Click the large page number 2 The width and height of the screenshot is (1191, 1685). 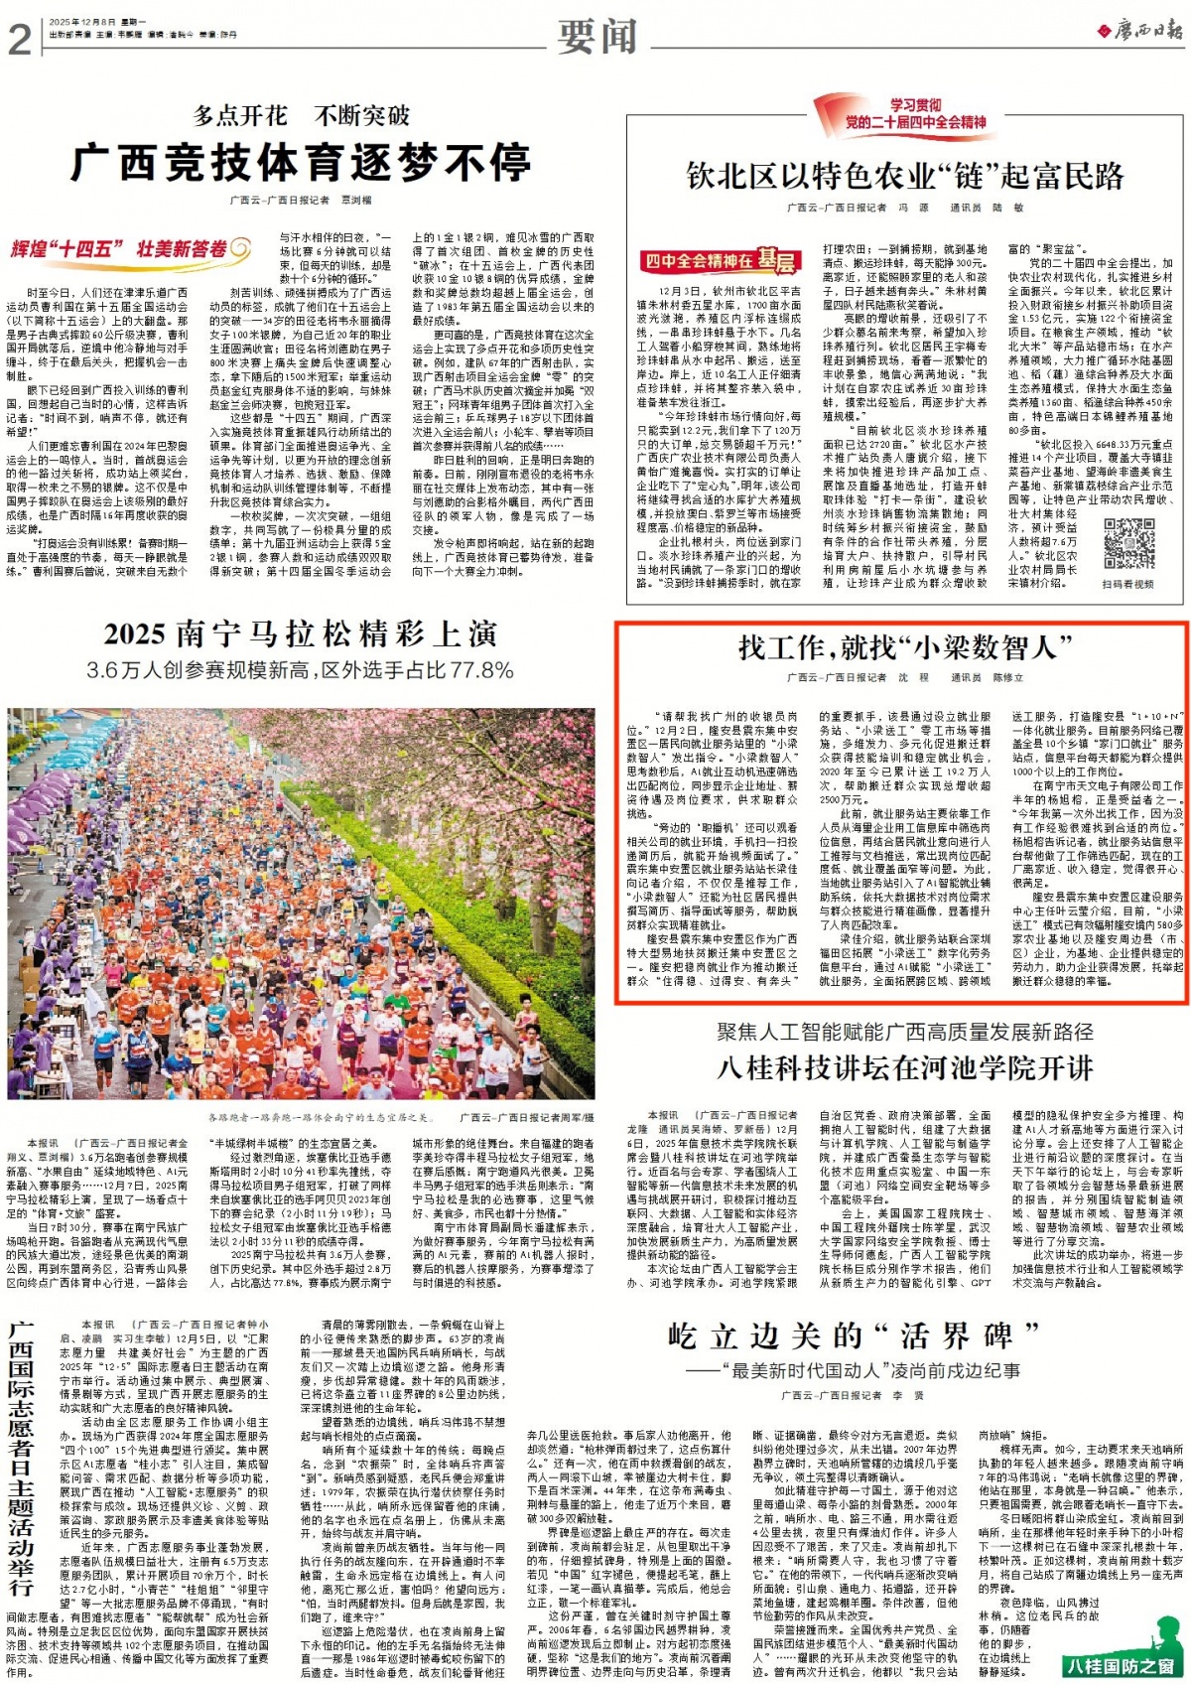[x=20, y=39]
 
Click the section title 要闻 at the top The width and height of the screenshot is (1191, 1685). [x=596, y=37]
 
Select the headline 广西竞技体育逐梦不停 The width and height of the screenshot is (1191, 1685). [x=301, y=162]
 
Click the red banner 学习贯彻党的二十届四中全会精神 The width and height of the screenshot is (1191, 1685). [x=905, y=114]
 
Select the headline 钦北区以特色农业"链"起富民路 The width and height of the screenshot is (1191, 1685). [x=905, y=177]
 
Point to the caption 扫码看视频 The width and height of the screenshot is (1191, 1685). [x=1128, y=584]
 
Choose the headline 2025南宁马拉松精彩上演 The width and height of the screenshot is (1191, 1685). [x=301, y=633]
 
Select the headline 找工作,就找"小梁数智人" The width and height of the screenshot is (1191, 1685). [x=905, y=648]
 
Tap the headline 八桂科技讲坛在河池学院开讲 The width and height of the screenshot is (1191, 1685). [x=905, y=1067]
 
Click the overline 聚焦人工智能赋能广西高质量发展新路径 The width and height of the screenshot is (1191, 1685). [x=905, y=1032]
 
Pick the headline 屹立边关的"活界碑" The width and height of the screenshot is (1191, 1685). [x=854, y=1335]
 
